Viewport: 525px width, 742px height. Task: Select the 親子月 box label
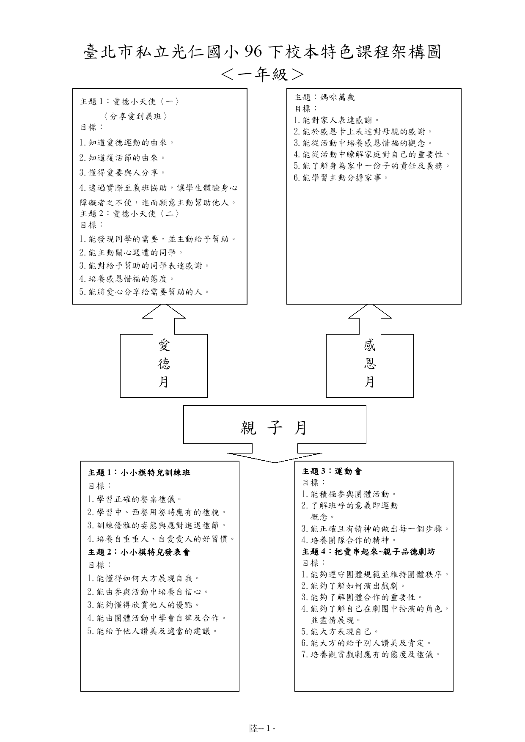click(x=274, y=428)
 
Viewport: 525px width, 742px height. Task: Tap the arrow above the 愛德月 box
click(x=164, y=319)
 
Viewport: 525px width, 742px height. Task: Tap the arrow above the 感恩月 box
click(x=370, y=319)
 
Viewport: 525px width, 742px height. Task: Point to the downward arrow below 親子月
click(x=275, y=453)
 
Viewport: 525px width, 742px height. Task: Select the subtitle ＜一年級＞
click(x=262, y=74)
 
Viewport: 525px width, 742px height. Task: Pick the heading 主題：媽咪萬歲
click(x=324, y=97)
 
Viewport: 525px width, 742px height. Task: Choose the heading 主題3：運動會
click(x=332, y=471)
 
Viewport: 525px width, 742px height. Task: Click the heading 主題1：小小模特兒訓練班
click(x=139, y=473)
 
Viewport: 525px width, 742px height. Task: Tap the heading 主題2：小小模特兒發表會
click(x=139, y=552)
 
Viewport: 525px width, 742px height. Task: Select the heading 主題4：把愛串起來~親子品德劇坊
click(x=368, y=552)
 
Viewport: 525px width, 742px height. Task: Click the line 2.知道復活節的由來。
click(x=123, y=158)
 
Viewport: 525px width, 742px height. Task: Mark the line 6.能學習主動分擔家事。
click(x=341, y=178)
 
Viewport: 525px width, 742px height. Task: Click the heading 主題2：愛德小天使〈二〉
click(x=130, y=214)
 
